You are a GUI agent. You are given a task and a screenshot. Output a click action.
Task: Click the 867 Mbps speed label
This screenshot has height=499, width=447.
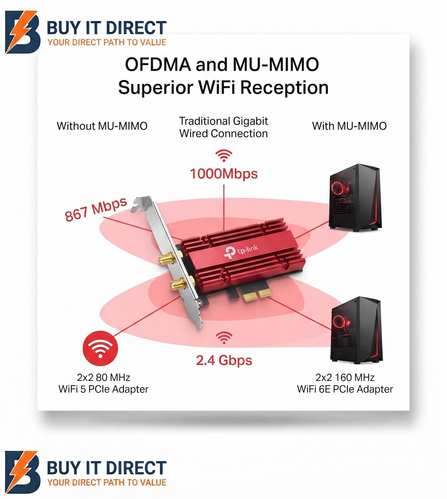coord(96,209)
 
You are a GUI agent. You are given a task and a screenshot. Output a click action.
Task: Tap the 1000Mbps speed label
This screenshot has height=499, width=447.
coord(224,174)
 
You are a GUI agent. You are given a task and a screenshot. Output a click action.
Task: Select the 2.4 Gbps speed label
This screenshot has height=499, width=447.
coord(224,360)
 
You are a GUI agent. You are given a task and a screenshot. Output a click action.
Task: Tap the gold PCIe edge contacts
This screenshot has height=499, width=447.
coord(257,295)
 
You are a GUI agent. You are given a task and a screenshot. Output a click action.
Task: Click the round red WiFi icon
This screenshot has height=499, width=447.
coord(100,348)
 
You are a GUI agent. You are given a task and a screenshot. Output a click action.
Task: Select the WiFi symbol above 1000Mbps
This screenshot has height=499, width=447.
coord(224,156)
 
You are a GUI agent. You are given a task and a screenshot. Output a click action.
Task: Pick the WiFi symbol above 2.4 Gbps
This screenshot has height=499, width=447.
coord(224,338)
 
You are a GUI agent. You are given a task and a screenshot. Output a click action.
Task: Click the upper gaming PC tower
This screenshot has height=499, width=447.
coord(355,198)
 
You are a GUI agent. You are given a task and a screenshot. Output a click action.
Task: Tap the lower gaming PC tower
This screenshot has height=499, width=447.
coord(356,330)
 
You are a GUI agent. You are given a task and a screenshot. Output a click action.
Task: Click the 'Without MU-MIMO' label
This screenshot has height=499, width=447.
coord(102,126)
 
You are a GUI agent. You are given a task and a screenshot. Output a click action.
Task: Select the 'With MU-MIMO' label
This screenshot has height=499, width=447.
coord(349,126)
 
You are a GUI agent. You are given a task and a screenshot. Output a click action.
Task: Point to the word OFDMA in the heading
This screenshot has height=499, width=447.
coord(158,65)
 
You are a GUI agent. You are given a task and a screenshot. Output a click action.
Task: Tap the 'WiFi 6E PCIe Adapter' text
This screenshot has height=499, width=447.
coord(345,389)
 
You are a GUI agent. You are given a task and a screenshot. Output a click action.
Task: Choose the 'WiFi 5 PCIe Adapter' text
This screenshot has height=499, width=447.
coord(103,389)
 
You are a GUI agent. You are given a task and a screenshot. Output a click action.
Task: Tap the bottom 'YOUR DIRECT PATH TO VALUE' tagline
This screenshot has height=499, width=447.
coord(107,482)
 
